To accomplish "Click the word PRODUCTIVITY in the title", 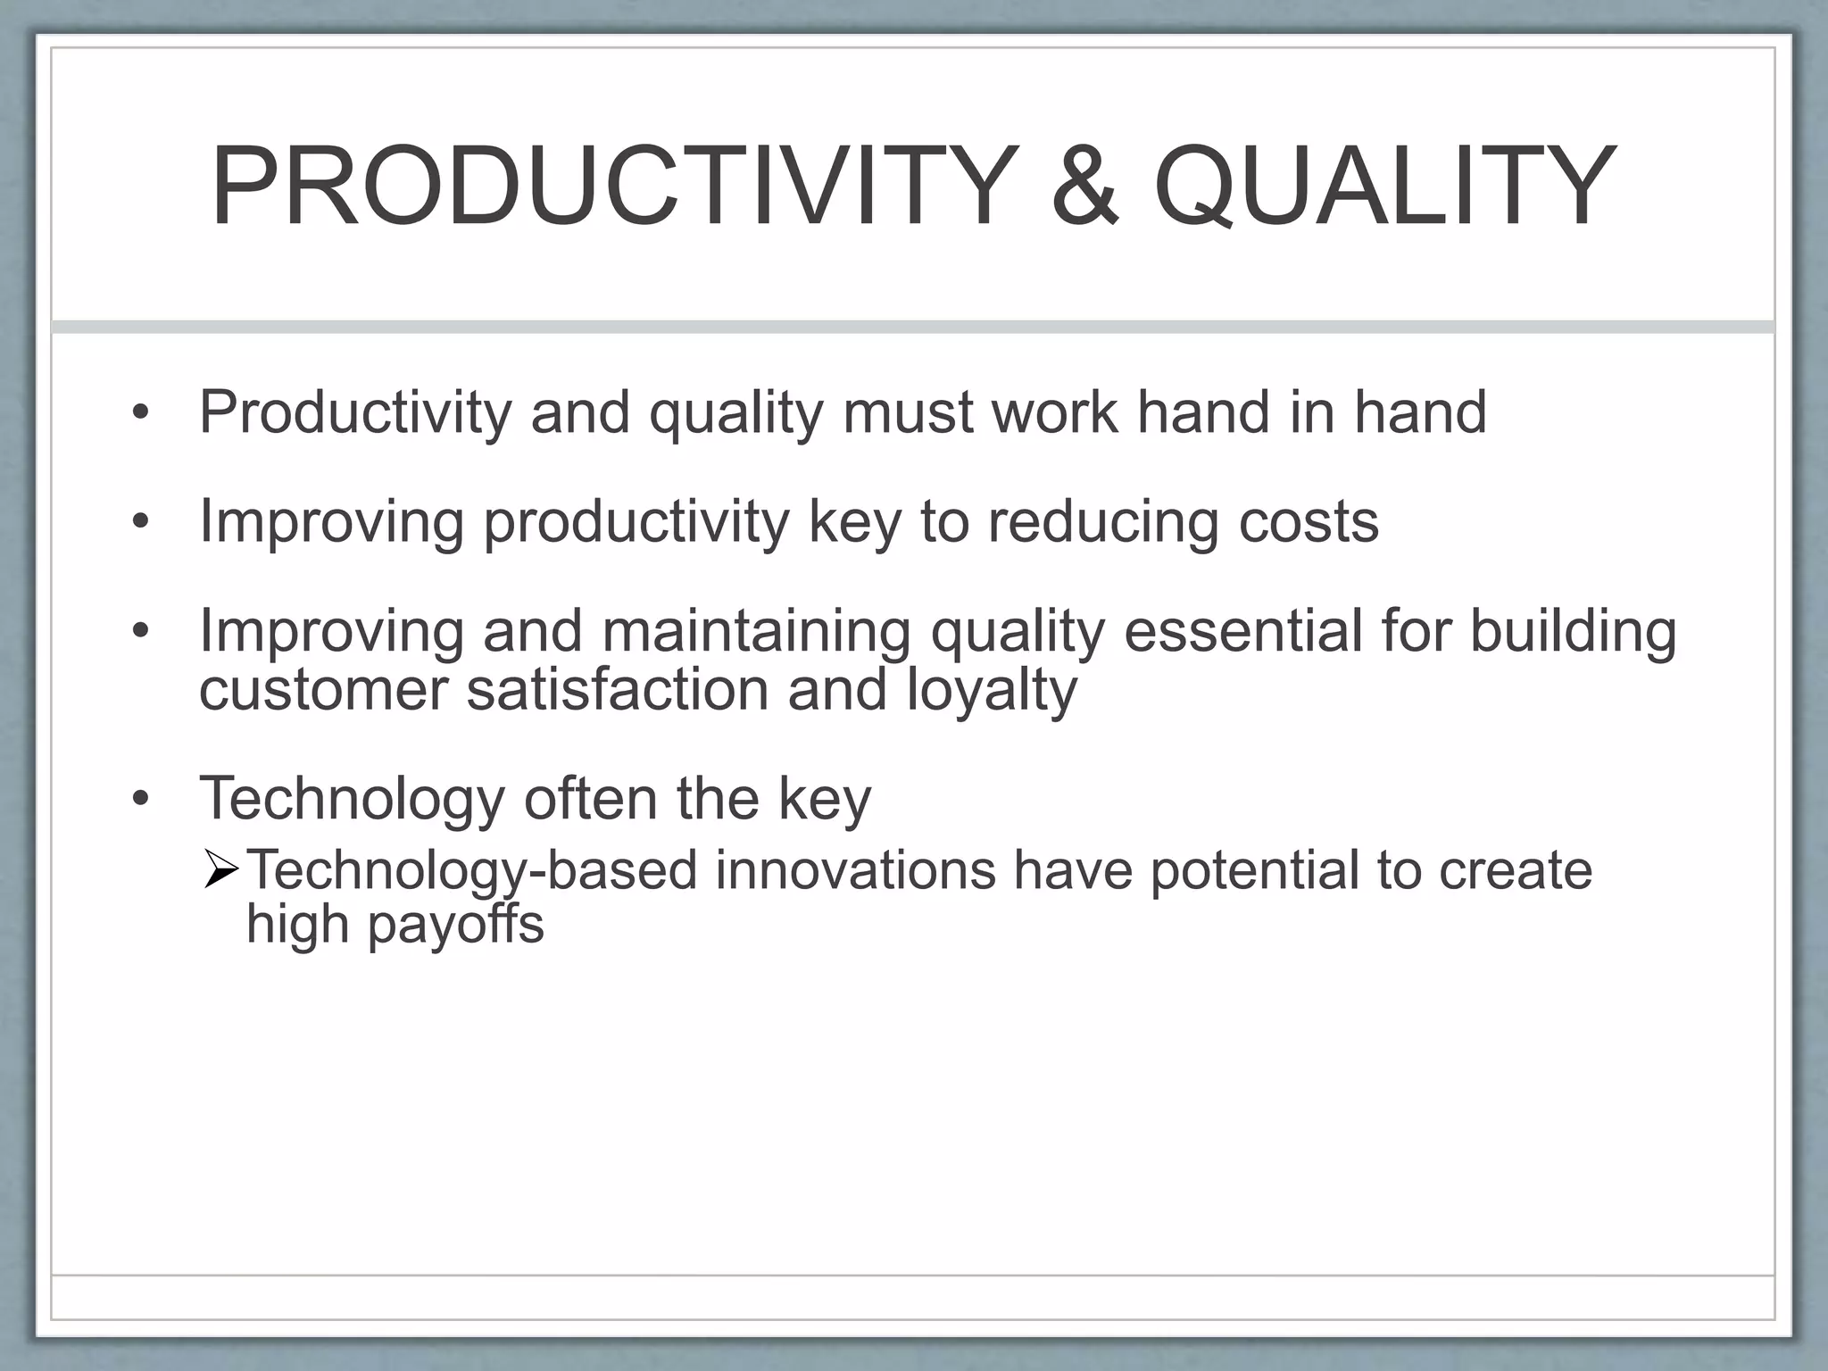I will [x=614, y=187].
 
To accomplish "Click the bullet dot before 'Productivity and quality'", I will [x=140, y=413].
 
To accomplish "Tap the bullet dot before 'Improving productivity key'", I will [x=140, y=522].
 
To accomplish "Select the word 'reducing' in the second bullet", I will [x=1102, y=523].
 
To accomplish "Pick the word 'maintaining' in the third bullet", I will [x=756, y=631].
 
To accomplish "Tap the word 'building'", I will [x=1573, y=631].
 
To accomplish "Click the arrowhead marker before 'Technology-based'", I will [x=220, y=870].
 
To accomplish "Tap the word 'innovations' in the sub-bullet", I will [x=854, y=870].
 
